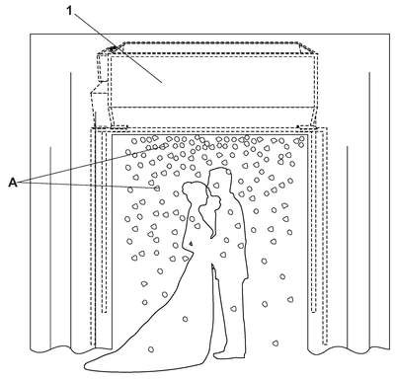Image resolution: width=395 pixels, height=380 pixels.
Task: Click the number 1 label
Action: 69,11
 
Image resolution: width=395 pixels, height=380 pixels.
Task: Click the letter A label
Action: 13,183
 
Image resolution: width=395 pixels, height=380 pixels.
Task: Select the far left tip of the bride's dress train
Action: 85,365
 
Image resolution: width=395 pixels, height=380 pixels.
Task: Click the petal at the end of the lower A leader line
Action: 157,189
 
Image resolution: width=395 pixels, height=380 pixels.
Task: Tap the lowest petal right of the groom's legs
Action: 276,343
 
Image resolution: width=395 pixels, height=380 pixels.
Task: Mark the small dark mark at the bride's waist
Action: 191,244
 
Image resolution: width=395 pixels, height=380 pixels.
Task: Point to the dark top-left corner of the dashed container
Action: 113,48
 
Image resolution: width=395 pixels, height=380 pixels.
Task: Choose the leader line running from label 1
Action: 118,46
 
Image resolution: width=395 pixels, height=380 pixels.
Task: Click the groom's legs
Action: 230,316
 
